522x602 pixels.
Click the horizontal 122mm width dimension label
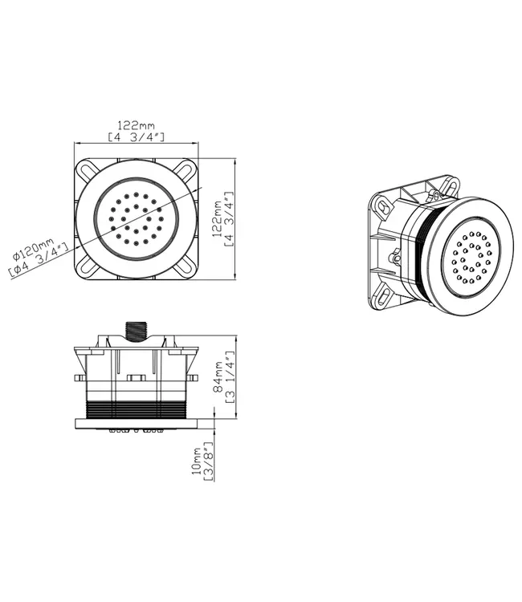pyautogui.click(x=137, y=125)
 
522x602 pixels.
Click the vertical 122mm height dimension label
pyautogui.click(x=218, y=218)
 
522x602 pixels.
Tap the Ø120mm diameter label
pyautogui.click(x=33, y=250)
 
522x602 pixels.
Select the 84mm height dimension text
pyautogui.click(x=218, y=376)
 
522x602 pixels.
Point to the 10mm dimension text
pyautogui.click(x=196, y=461)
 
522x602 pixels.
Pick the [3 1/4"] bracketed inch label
pyautogui.click(x=230, y=376)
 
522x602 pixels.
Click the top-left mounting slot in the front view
pyautogui.click(x=88, y=169)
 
